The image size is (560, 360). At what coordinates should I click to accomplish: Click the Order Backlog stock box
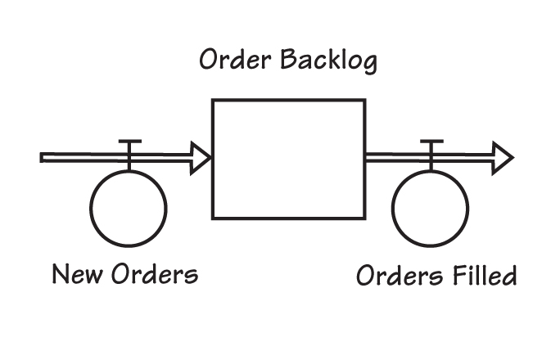[x=288, y=159]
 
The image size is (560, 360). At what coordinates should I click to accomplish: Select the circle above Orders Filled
[x=431, y=207]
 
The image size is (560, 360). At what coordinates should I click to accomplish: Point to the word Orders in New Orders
[x=155, y=273]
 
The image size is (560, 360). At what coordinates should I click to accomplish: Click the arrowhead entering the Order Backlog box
[x=199, y=157]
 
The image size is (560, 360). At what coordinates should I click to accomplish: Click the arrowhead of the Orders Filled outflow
[x=502, y=157]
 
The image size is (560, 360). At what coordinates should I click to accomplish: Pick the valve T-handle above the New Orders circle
[x=129, y=144]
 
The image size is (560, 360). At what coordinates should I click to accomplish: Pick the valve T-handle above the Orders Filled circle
[x=431, y=144]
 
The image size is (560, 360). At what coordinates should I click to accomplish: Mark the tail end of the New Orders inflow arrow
[x=43, y=157]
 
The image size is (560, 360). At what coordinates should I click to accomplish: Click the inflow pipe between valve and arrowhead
[x=164, y=157]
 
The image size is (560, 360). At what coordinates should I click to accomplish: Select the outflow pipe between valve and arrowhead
[x=465, y=157]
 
